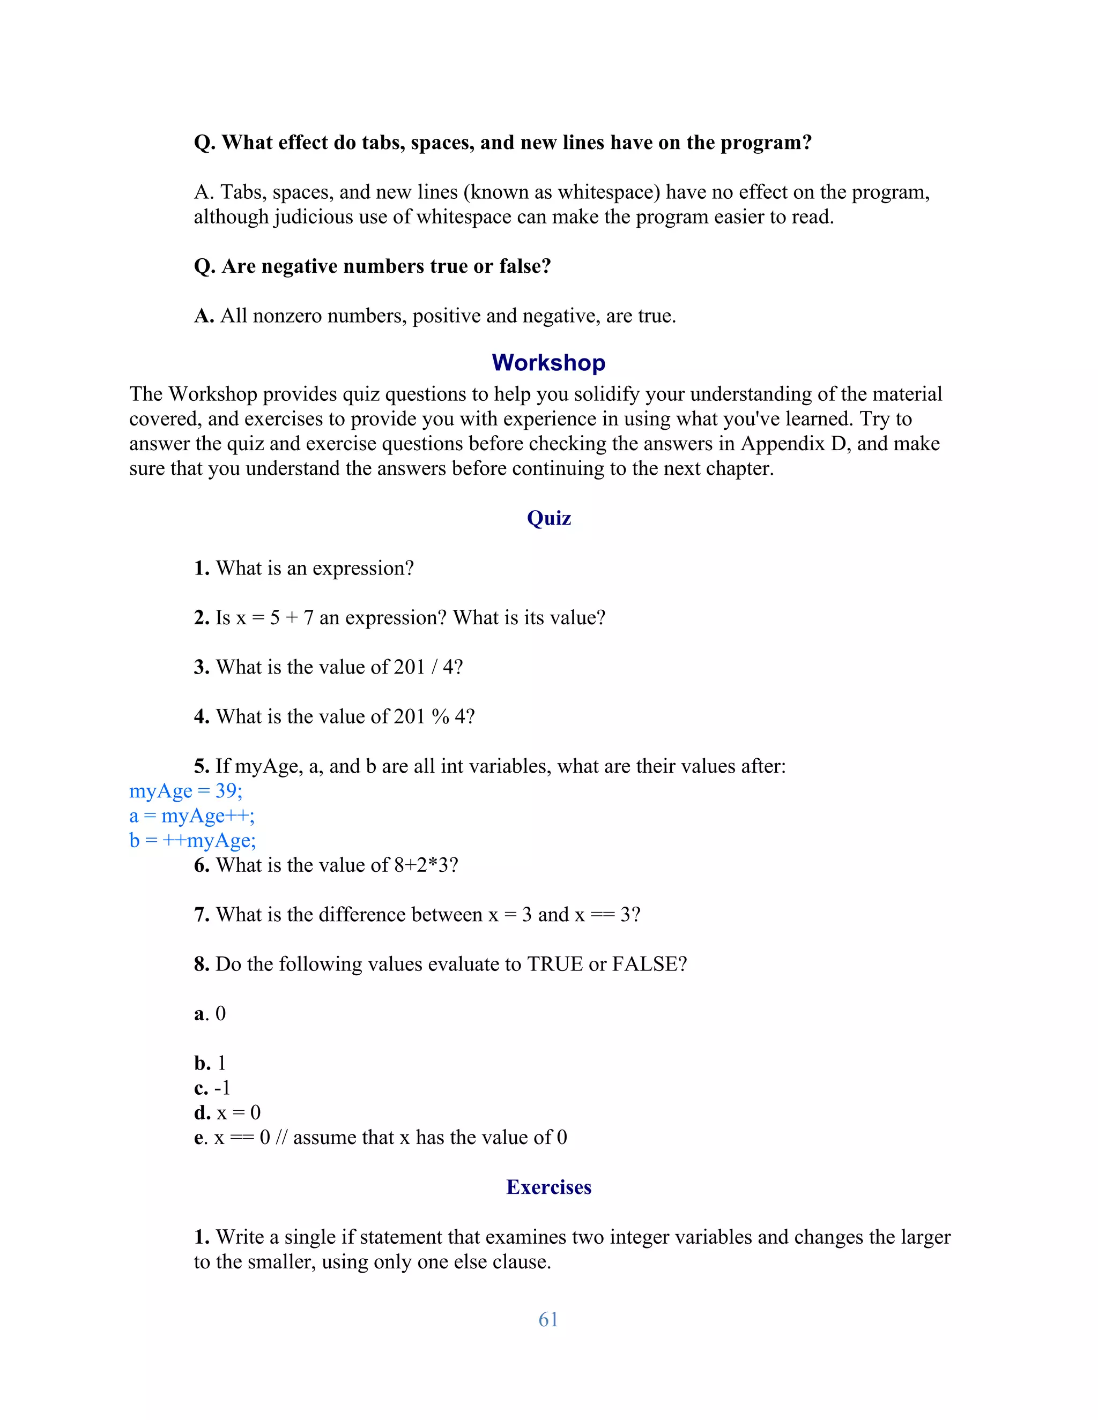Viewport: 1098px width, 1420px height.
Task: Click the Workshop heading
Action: (x=548, y=363)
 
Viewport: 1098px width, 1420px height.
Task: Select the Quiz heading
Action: (x=548, y=518)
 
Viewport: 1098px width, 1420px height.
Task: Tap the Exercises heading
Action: (x=548, y=1187)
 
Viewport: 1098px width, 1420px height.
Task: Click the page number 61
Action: (x=548, y=1319)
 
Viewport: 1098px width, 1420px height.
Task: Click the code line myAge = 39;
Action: (x=186, y=791)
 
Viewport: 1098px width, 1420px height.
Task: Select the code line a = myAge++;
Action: (x=192, y=816)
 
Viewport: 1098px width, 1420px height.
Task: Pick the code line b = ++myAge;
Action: (x=192, y=841)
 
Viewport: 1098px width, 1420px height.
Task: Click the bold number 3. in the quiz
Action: (x=202, y=668)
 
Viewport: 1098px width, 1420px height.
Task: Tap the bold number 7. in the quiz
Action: (x=202, y=915)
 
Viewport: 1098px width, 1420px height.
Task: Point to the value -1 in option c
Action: (x=222, y=1088)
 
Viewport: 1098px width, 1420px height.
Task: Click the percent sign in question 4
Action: (x=440, y=717)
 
